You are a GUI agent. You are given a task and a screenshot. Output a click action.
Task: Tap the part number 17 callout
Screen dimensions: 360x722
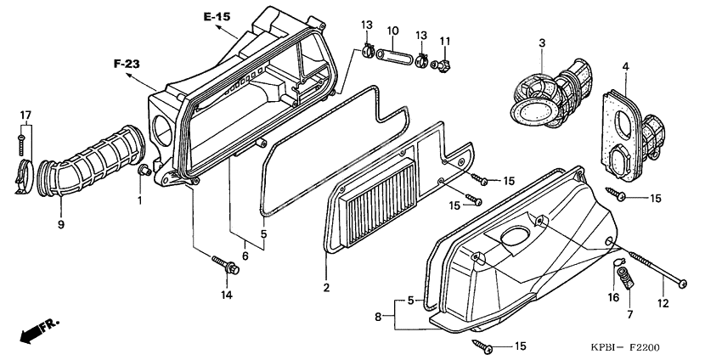[x=25, y=115]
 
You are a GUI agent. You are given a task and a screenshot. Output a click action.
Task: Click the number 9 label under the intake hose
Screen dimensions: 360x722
[x=61, y=224]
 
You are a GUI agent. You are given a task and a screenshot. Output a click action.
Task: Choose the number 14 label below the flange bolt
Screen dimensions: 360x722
[x=226, y=295]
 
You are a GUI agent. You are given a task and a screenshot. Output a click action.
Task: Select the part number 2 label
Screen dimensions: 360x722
[x=324, y=288]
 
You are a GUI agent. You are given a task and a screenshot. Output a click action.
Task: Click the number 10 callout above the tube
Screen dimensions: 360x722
[x=393, y=32]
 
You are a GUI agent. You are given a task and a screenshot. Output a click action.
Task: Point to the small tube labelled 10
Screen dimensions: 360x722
[x=395, y=59]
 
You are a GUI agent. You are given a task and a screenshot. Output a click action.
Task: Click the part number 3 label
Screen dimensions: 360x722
[x=540, y=42]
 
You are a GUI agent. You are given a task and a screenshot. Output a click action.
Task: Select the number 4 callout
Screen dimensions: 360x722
[x=625, y=66]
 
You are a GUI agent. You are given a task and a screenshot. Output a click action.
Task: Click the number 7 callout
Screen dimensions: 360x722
[x=629, y=315]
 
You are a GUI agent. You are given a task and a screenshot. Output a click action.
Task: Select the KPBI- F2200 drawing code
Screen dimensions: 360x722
[x=626, y=347]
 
